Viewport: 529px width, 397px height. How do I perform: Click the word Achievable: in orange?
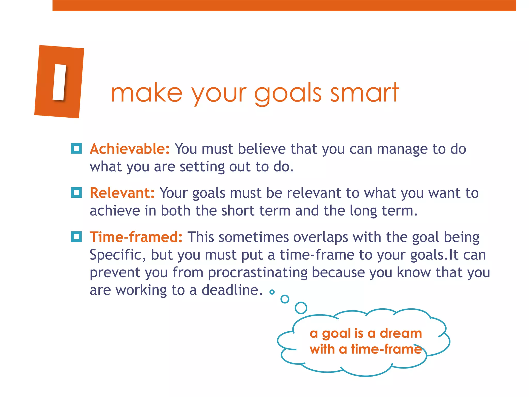pyautogui.click(x=130, y=149)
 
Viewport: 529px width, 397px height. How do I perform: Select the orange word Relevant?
pyautogui.click(x=122, y=193)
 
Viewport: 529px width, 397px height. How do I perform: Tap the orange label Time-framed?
pyautogui.click(x=136, y=237)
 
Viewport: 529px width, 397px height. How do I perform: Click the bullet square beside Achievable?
pyautogui.click(x=76, y=148)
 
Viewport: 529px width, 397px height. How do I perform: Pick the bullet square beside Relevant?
pyautogui.click(x=76, y=193)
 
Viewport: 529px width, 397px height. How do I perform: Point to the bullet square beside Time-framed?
pyautogui.click(x=76, y=237)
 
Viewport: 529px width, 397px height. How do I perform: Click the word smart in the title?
pyautogui.click(x=364, y=93)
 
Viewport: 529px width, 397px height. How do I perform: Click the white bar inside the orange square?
pyautogui.click(x=59, y=82)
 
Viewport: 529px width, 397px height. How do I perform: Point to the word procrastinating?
pyautogui.click(x=258, y=272)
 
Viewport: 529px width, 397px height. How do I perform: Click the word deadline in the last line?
pyautogui.click(x=232, y=290)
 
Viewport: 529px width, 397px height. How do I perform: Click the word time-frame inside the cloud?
pyautogui.click(x=386, y=349)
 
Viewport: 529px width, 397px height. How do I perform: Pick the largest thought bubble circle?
pyautogui.click(x=301, y=308)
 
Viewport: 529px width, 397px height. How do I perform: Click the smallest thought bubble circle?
pyautogui.click(x=272, y=292)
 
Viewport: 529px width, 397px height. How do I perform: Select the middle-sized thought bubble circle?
pyautogui.click(x=285, y=299)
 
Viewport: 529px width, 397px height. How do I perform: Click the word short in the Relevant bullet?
pyautogui.click(x=238, y=211)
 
